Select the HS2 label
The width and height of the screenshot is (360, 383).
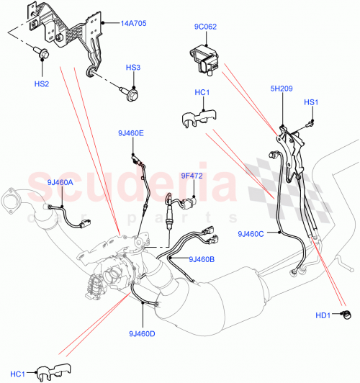[x=42, y=84]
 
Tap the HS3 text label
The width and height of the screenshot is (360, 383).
[x=133, y=68]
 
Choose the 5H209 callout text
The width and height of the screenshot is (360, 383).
[x=281, y=89]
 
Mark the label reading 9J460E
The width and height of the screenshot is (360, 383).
[x=132, y=133]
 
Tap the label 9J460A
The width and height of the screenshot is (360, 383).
[x=60, y=182]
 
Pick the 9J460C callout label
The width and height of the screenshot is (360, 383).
[x=251, y=233]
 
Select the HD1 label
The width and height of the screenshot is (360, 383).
[x=322, y=315]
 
